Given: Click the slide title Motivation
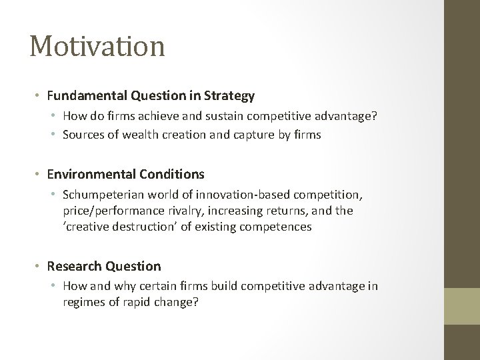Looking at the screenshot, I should click(x=97, y=47).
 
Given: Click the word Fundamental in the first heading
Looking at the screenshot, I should click(x=82, y=96).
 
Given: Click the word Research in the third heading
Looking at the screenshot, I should click(x=72, y=266).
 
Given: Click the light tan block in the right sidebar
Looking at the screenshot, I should click(x=462, y=307).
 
